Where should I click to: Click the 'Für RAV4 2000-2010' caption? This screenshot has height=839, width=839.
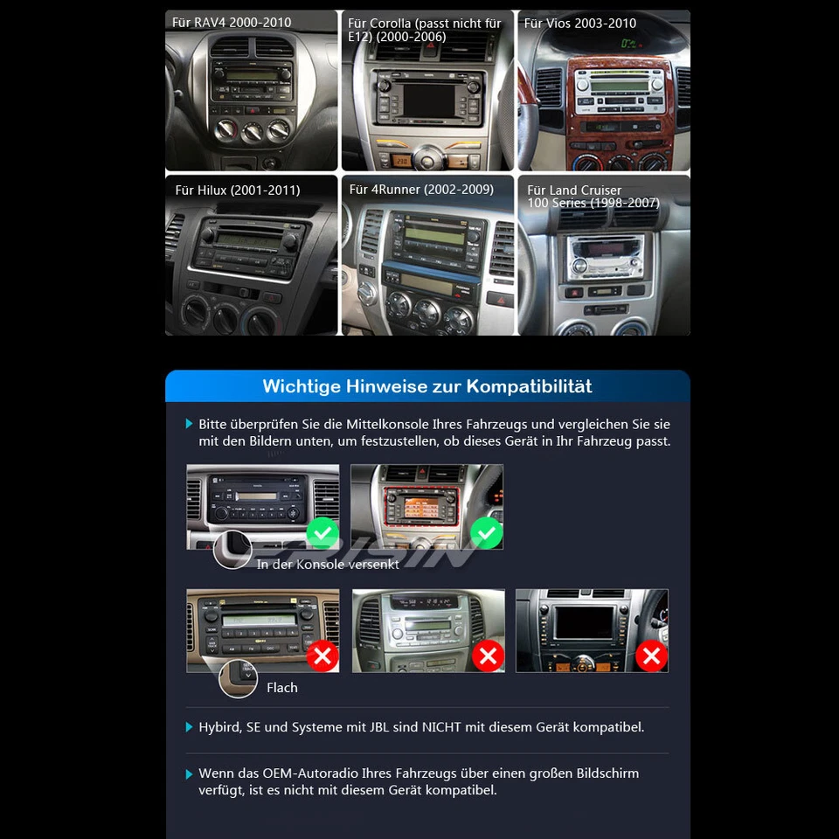click(x=232, y=23)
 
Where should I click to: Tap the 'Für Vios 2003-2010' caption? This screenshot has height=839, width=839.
click(x=579, y=24)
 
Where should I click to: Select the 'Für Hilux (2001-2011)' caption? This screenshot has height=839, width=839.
click(x=237, y=190)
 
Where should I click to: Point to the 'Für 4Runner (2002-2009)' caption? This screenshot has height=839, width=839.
click(x=421, y=190)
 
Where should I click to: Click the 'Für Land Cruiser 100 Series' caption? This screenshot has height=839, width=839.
click(x=593, y=197)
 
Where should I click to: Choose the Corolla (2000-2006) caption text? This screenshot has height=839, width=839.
click(x=424, y=30)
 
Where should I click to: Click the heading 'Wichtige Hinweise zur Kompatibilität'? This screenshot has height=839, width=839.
click(x=427, y=386)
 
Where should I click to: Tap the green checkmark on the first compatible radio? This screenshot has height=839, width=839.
click(x=322, y=532)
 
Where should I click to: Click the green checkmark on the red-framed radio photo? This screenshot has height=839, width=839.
click(x=487, y=532)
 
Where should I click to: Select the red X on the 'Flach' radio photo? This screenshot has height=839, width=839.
click(x=322, y=655)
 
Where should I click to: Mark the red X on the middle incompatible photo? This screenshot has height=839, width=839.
click(x=488, y=655)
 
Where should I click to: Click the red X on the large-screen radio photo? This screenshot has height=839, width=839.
click(x=651, y=655)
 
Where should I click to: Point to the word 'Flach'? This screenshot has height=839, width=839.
click(x=281, y=688)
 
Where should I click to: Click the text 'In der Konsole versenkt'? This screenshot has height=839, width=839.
click(x=328, y=565)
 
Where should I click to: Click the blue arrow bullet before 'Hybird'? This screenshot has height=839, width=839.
click(x=190, y=727)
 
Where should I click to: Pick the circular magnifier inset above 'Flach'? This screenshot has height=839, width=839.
click(x=238, y=678)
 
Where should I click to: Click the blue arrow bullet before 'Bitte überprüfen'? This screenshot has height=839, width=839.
click(x=190, y=424)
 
